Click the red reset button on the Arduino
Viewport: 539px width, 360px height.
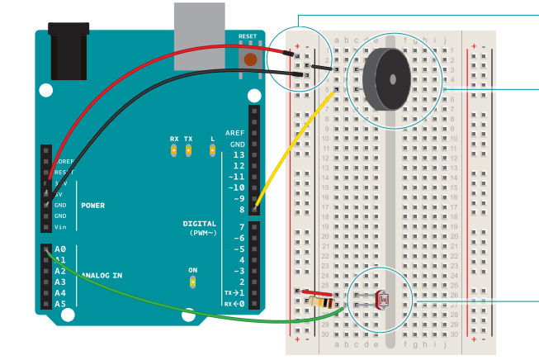(x=247, y=59)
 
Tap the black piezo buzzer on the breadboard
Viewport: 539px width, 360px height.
(x=386, y=78)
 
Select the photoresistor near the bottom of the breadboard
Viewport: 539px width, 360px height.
(x=381, y=299)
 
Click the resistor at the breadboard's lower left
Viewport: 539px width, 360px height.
(x=318, y=302)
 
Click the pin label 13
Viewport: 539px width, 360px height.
(x=239, y=154)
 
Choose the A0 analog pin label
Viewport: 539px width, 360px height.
(x=59, y=249)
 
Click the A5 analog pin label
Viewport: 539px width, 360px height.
(x=59, y=303)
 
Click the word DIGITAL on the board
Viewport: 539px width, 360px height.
(x=199, y=224)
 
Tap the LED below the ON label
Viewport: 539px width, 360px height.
(x=192, y=282)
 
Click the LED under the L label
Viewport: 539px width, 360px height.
(x=212, y=150)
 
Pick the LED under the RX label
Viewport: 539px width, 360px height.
(x=174, y=150)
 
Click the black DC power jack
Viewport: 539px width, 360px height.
(x=69, y=54)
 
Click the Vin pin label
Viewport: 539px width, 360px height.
(x=60, y=227)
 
